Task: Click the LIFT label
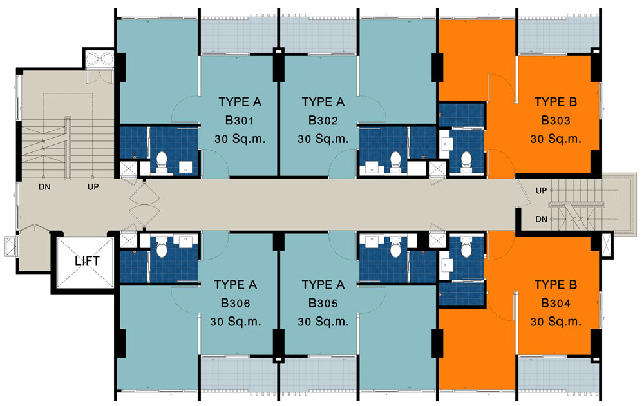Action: [87, 261]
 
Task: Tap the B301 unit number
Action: [240, 121]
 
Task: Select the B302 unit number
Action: [323, 121]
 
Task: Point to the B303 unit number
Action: [555, 121]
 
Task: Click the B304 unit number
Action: [555, 304]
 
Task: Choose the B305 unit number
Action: [323, 304]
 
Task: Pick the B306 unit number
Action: [235, 304]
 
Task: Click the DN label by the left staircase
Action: [44, 187]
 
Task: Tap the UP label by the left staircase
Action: [93, 187]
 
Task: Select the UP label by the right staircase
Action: [541, 191]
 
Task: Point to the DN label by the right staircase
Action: [542, 220]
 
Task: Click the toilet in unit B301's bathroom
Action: [162, 162]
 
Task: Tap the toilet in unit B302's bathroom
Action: [395, 162]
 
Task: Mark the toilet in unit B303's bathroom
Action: [466, 162]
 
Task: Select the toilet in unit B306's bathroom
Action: [162, 246]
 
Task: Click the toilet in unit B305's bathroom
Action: [395, 246]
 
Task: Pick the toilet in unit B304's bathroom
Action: [466, 247]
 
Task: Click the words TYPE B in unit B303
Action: [555, 102]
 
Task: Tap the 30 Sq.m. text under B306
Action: [235, 322]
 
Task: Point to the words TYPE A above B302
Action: [323, 102]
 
